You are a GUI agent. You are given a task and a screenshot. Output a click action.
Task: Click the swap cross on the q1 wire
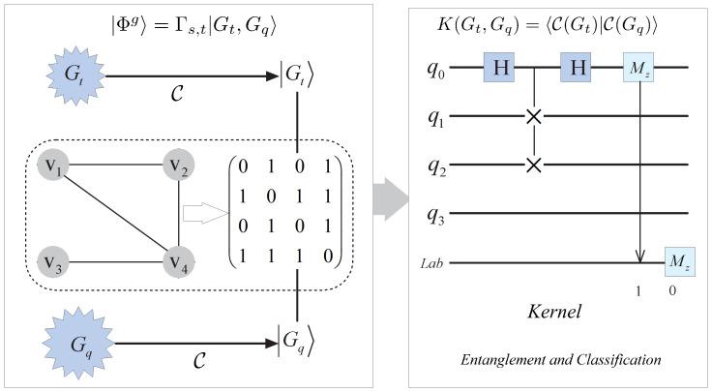point(533,116)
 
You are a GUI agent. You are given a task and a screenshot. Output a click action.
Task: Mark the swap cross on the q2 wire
point(533,164)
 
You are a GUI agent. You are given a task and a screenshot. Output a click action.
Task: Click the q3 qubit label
point(437,213)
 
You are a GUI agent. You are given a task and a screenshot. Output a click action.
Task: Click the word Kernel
point(554,314)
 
